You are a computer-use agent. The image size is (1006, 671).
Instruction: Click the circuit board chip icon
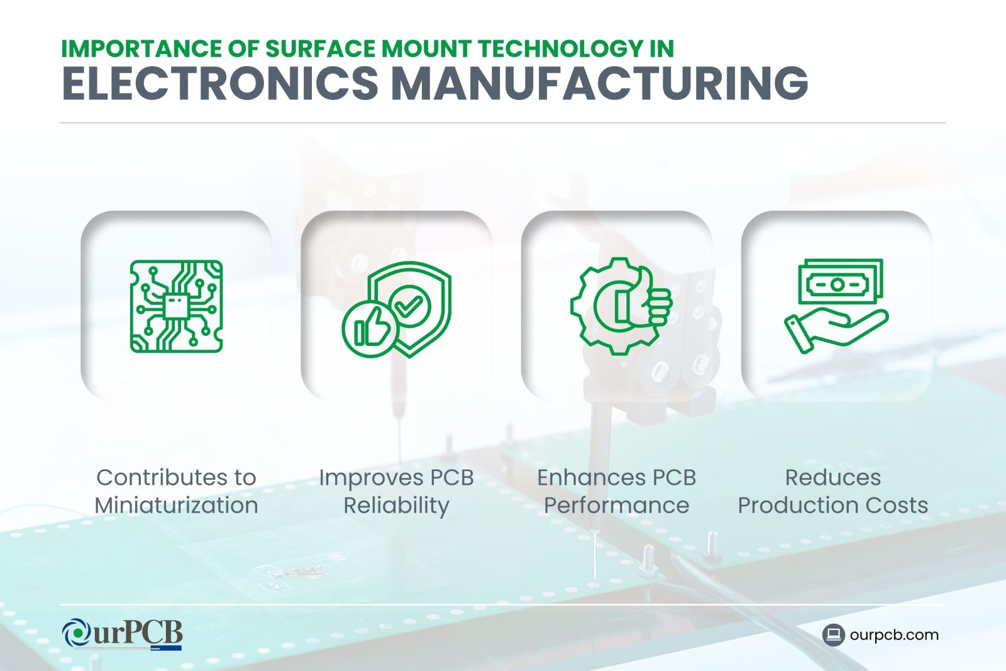coord(176,306)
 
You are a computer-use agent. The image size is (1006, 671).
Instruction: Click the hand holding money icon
coord(837,306)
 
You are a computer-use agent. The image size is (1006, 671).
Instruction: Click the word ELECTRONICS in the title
coord(220,83)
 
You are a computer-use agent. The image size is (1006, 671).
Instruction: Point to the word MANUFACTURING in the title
coord(600,83)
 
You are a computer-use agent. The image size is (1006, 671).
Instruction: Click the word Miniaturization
coord(176,505)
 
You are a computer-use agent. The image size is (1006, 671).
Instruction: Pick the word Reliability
coord(396,506)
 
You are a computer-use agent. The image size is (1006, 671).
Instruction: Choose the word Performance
coord(616,505)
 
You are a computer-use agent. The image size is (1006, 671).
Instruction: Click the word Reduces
coord(832,477)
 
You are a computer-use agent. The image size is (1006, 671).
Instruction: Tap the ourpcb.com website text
coord(893,635)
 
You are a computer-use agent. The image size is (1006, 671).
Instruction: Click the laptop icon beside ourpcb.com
coord(833,635)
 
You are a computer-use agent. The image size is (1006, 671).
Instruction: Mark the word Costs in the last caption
coord(900,505)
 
